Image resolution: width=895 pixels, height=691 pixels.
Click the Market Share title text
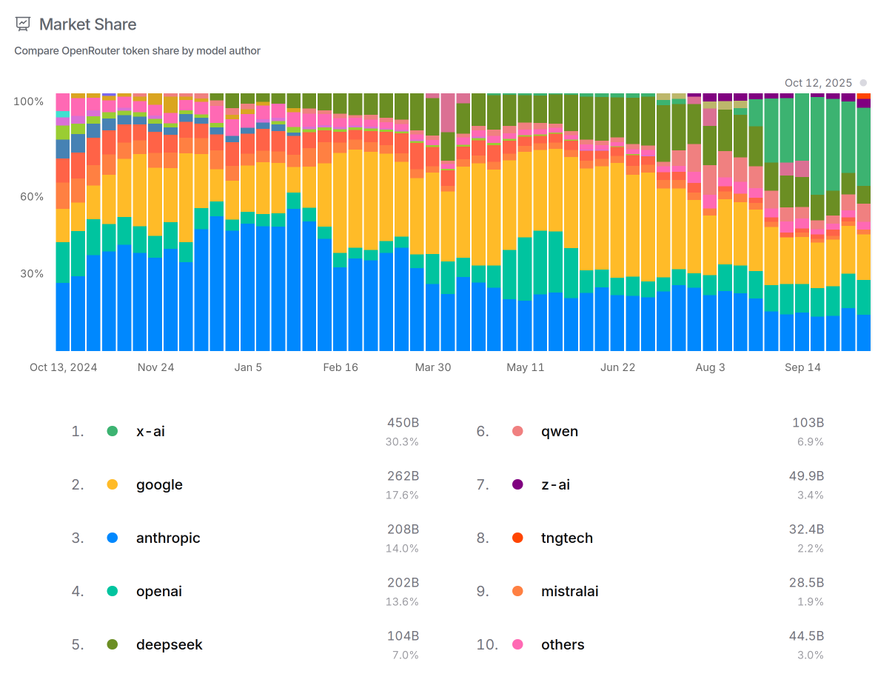coord(87,24)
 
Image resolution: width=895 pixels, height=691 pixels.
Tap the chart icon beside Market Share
coord(23,24)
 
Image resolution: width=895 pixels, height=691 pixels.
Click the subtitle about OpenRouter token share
coord(137,51)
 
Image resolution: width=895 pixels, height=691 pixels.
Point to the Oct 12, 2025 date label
coord(818,83)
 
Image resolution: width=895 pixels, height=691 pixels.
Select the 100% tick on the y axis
coord(28,101)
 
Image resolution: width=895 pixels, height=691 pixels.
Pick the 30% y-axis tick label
coord(30,274)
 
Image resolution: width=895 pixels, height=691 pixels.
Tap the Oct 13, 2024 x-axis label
coord(63,367)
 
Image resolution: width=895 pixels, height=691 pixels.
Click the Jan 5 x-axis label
coord(248,367)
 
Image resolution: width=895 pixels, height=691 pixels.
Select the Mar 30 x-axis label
coord(433,367)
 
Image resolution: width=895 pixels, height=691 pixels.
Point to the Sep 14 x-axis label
coord(802,367)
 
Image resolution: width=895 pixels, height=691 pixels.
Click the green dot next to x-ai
coord(113,431)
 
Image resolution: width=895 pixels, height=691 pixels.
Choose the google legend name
coord(159,485)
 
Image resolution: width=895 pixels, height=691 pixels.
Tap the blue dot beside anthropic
coord(113,538)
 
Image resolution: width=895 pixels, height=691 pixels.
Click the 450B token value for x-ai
coord(403,423)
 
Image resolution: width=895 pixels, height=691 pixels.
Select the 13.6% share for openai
coord(402,601)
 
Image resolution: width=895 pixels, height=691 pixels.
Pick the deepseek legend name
coord(169,645)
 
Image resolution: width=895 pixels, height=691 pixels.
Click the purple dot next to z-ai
coord(517,485)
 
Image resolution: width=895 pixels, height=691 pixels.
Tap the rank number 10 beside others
coord(487,645)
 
